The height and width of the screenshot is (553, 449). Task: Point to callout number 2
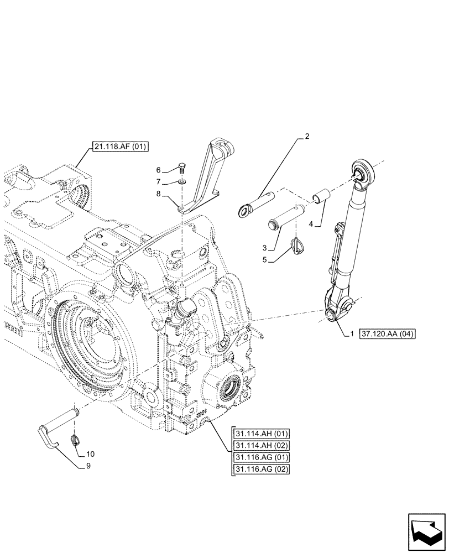(x=307, y=136)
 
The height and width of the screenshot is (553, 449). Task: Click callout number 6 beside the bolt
(x=158, y=170)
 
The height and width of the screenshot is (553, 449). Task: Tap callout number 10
(x=90, y=453)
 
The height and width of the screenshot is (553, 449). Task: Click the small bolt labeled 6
(x=182, y=168)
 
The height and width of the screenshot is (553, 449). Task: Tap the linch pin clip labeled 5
(x=298, y=244)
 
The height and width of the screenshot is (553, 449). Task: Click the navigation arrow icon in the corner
(x=426, y=532)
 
